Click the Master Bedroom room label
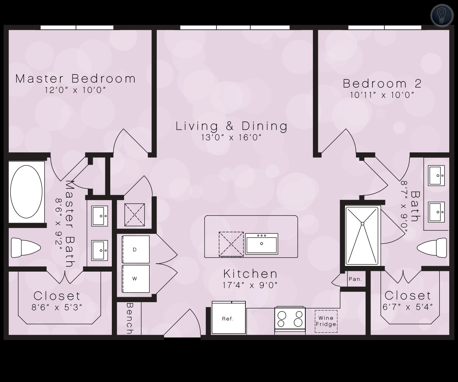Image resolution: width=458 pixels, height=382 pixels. [x=76, y=79]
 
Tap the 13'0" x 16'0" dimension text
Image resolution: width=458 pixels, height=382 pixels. [x=231, y=138]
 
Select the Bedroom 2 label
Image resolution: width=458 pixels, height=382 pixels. [x=382, y=84]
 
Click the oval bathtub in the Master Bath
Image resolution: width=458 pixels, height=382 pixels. [x=26, y=192]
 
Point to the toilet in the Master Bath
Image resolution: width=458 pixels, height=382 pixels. [x=26, y=248]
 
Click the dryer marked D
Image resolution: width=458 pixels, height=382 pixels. [x=135, y=249]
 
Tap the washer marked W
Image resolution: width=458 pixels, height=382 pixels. [x=135, y=279]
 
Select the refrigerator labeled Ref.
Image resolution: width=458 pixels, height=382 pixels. [x=228, y=318]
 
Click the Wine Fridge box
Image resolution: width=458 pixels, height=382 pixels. [x=326, y=321]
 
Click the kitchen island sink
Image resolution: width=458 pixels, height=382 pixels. [x=261, y=244]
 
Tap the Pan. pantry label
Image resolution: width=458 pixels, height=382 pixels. [x=355, y=279]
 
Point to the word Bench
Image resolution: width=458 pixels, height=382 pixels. [x=130, y=319]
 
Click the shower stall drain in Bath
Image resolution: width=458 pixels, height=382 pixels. [x=362, y=224]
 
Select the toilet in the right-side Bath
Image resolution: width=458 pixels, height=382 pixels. [x=432, y=248]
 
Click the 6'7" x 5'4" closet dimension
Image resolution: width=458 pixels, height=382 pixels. [x=408, y=307]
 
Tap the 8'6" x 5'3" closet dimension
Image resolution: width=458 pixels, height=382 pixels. [x=57, y=308]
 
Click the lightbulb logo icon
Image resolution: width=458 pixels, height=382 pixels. [x=442, y=16]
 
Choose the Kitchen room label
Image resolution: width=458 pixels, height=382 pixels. [x=250, y=274]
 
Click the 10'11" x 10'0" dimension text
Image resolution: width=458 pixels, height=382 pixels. [x=382, y=95]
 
